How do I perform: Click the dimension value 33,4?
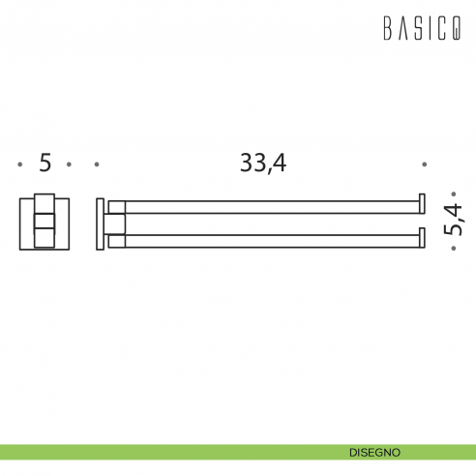pos(263,164)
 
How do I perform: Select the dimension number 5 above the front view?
pos(45,164)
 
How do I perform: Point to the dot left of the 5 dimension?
pos(20,164)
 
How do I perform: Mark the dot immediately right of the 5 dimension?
pos(70,164)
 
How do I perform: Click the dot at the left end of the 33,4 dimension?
pos(97,164)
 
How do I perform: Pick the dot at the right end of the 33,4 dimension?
pos(424,164)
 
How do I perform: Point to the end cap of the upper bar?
pos(421,204)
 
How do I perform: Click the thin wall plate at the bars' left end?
pos(101,223)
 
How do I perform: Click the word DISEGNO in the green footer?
pos(375,452)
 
